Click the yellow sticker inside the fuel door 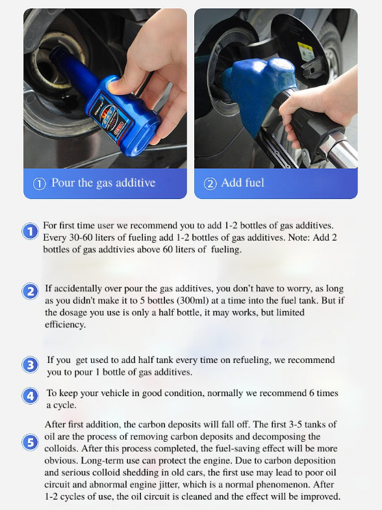(x=305, y=51)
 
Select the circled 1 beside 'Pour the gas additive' (x=39, y=183)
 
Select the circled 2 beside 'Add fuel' (x=210, y=183)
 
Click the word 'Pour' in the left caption (x=63, y=182)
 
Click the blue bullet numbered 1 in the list (x=30, y=232)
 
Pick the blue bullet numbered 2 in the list (x=30, y=291)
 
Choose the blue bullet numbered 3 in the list (x=30, y=365)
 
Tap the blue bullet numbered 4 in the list (x=30, y=396)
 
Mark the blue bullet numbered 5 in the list (x=30, y=442)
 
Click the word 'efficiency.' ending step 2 (x=65, y=324)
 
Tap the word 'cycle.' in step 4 (x=65, y=405)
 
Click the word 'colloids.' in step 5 (x=62, y=449)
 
